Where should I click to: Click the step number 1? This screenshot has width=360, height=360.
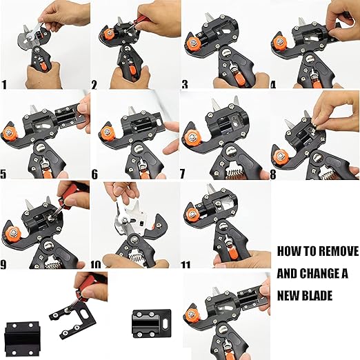4,84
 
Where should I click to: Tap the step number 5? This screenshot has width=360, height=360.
3,174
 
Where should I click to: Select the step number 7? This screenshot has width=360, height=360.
182,174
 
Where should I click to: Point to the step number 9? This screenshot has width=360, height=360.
3,264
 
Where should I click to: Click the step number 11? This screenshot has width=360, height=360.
186,265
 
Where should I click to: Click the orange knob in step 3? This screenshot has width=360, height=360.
194,42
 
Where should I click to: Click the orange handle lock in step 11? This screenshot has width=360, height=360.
232,254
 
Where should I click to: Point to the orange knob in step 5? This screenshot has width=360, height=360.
9,133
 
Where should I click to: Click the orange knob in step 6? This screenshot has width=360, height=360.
106,132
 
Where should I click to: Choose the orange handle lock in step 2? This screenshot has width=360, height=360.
134,70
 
